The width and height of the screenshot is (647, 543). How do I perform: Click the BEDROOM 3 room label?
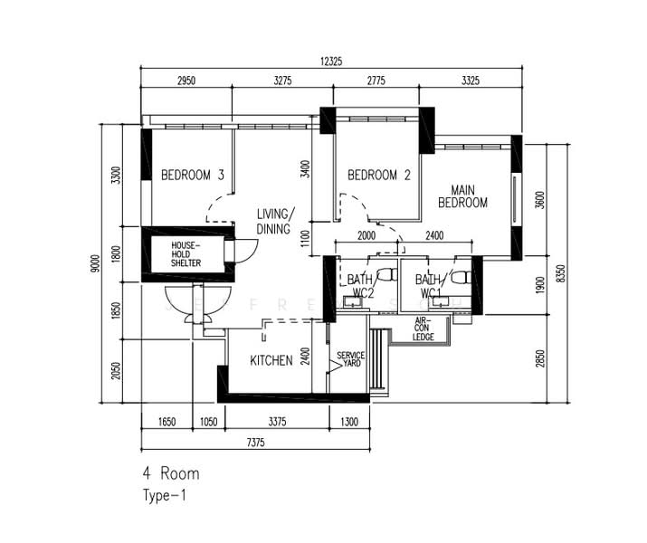[192, 176]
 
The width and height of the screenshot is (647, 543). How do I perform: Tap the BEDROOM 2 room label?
[379, 176]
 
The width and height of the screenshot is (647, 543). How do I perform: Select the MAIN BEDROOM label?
[462, 196]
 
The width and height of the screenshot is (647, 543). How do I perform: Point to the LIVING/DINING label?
[274, 222]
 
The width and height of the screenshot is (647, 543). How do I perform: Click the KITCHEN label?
[271, 361]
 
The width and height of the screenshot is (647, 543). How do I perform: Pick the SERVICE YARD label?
[350, 360]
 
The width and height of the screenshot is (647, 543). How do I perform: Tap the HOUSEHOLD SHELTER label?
[186, 254]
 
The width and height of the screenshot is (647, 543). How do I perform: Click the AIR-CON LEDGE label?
[423, 329]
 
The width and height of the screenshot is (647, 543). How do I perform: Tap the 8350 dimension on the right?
[562, 271]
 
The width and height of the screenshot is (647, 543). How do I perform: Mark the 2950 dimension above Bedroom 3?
[186, 81]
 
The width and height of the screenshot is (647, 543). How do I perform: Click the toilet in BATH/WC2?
[385, 273]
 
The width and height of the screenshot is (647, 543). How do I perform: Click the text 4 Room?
[170, 473]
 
